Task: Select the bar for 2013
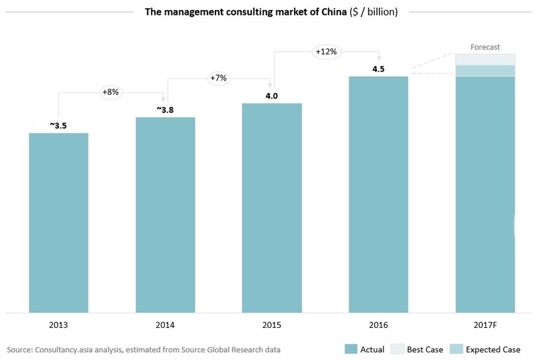point(58,222)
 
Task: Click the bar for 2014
point(165,214)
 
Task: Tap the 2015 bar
point(271,208)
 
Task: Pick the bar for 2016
point(378,194)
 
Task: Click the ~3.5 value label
point(58,125)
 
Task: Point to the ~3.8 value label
point(165,110)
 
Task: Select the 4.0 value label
point(272,96)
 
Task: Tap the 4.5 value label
point(378,69)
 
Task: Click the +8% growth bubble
point(110,92)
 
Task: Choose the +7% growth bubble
point(218,78)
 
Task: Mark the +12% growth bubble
point(326,51)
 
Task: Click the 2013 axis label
point(58,325)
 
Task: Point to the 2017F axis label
point(485,325)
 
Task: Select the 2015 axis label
point(271,325)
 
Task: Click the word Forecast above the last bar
point(485,47)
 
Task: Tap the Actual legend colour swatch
point(350,349)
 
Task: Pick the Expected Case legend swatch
point(456,349)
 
